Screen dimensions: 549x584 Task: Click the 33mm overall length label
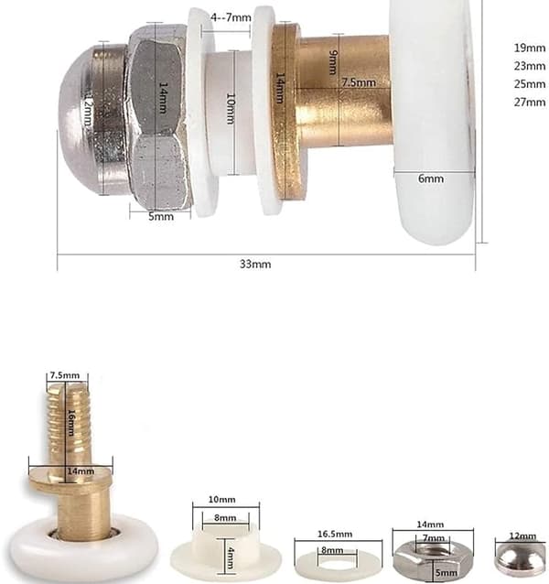tap(255, 264)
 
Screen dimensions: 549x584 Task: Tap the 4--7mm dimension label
tap(231, 17)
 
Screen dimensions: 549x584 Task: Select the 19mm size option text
tap(530, 48)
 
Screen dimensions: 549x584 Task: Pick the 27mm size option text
tap(530, 102)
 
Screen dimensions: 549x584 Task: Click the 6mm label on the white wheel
tap(431, 178)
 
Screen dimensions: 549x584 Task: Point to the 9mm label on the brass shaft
tap(333, 62)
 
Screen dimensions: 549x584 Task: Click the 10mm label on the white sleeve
tap(231, 108)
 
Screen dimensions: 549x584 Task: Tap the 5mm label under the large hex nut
tap(161, 216)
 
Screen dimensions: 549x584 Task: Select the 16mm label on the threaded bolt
tap(71, 423)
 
